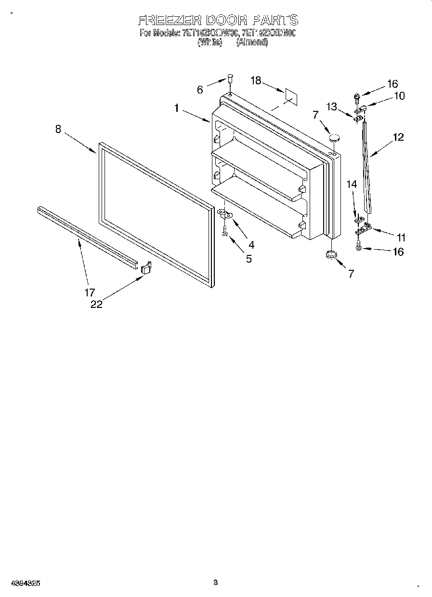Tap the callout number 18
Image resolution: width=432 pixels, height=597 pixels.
click(256, 80)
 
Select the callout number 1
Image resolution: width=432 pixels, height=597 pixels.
click(177, 109)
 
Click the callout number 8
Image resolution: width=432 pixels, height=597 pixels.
click(58, 129)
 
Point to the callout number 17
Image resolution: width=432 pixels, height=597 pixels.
click(90, 292)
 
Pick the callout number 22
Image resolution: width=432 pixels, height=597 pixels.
click(96, 304)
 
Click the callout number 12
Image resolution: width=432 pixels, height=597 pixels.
click(398, 137)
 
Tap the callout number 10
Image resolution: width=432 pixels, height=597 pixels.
click(399, 95)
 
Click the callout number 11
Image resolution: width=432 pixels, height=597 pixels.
click(400, 237)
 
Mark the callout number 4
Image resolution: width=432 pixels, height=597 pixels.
click(251, 244)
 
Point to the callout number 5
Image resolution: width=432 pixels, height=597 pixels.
click(249, 258)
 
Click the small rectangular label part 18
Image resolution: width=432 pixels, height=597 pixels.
click(290, 95)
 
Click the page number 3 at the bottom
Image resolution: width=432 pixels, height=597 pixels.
click(216, 582)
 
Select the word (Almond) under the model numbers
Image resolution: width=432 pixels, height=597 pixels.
click(251, 42)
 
